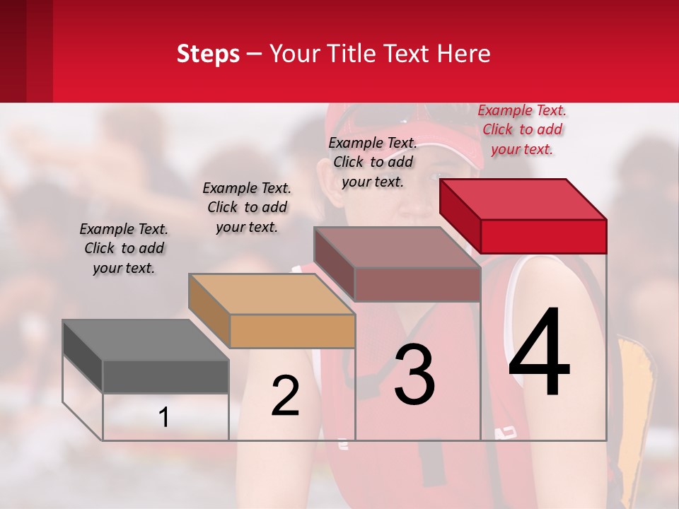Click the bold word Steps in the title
pyautogui.click(x=208, y=54)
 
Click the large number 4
pyautogui.click(x=540, y=353)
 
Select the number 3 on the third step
pyautogui.click(x=414, y=375)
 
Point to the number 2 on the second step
pyautogui.click(x=285, y=396)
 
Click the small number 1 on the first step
pyautogui.click(x=164, y=417)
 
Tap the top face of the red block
pyautogui.click(x=523, y=199)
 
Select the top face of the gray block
pyautogui.click(x=145, y=340)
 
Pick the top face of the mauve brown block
pyautogui.click(x=397, y=247)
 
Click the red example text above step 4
pyautogui.click(x=522, y=130)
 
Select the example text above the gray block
pyautogui.click(x=124, y=248)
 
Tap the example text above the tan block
pyautogui.click(x=247, y=207)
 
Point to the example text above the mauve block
pyautogui.click(x=373, y=162)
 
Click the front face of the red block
pyautogui.click(x=543, y=236)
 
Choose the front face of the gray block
pyautogui.click(x=166, y=376)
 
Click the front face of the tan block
pyautogui.click(x=292, y=331)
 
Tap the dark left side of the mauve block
pyautogui.click(x=333, y=264)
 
